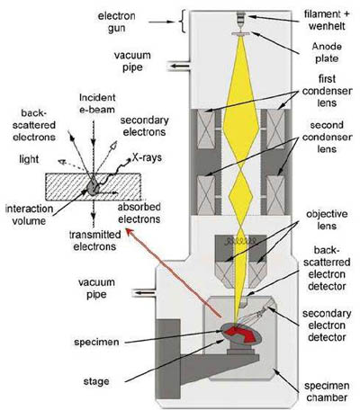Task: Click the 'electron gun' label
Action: (116, 22)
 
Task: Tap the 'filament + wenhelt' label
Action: (327, 20)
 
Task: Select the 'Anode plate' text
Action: (327, 52)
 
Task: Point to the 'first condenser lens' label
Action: (327, 91)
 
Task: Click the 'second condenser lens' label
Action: (327, 137)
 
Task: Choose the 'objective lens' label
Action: (327, 219)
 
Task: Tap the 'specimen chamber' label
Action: (327, 391)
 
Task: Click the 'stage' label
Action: (96, 381)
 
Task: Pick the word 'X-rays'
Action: (147, 157)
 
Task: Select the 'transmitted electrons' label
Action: (95, 241)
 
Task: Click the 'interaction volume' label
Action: (29, 215)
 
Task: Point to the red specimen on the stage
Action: (241, 334)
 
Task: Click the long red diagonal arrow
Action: (174, 272)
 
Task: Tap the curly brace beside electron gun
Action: (183, 21)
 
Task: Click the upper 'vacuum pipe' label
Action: (132, 61)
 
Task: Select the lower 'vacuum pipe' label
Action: (96, 288)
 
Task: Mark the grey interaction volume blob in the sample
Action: (93, 187)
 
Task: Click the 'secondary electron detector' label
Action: (327, 325)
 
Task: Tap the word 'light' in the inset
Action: (29, 159)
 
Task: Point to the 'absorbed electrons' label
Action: (139, 213)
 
